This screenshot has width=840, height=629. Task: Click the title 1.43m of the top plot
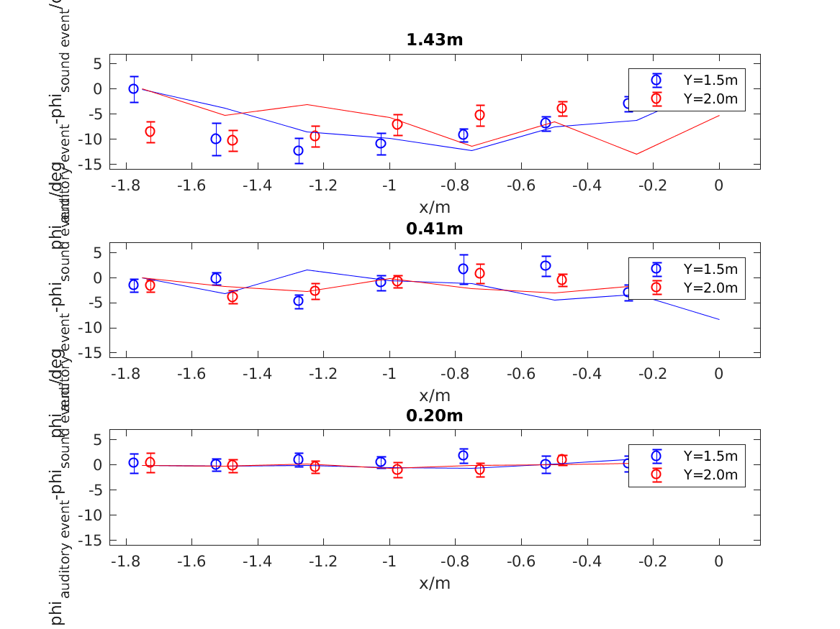click(434, 40)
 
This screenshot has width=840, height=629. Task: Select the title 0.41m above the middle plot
click(434, 229)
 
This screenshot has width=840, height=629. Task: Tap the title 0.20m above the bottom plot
click(434, 415)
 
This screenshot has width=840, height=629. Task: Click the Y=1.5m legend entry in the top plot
click(710, 80)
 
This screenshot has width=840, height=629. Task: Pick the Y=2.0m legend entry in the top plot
click(710, 98)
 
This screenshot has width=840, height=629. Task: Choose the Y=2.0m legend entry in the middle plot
click(710, 288)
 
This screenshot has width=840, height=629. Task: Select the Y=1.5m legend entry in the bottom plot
click(710, 456)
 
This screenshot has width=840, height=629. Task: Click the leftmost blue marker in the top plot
click(134, 89)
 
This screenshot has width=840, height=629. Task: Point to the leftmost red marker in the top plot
click(150, 132)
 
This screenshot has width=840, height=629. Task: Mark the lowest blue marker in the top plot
click(298, 150)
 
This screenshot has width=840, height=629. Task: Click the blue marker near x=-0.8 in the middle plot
click(463, 269)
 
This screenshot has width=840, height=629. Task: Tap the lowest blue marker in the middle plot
click(298, 301)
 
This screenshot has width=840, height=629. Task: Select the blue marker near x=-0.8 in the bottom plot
click(463, 455)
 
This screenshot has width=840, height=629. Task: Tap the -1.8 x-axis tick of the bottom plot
click(126, 561)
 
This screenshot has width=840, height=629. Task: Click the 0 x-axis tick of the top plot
click(718, 185)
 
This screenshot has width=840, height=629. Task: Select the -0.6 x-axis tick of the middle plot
click(521, 374)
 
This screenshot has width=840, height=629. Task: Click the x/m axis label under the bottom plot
click(434, 583)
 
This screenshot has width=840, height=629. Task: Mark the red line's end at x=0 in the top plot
click(718, 116)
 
